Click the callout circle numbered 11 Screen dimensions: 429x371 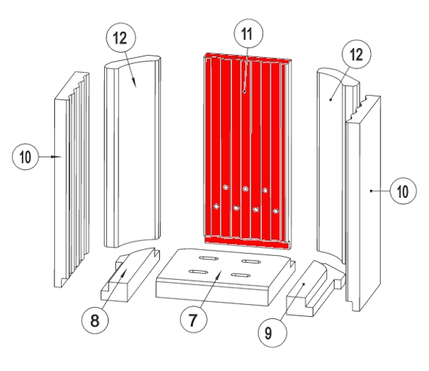tap(248, 33)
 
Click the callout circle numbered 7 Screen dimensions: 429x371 tap(193, 319)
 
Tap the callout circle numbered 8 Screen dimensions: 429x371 tap(94, 320)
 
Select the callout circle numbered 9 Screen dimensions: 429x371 tap(273, 333)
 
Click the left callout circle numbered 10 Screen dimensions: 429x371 tap(25, 157)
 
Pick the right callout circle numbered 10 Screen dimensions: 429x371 tap(403, 191)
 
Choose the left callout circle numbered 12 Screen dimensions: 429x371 tap(120, 37)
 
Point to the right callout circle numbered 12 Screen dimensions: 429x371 tap(356, 54)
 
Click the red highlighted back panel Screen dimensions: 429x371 tap(248, 151)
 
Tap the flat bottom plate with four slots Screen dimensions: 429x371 tap(225, 276)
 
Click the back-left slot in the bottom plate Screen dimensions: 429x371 tap(208, 258)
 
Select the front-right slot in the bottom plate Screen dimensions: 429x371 tap(241, 275)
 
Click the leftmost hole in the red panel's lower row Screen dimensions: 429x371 tap(216, 206)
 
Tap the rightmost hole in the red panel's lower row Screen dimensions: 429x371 tap(276, 211)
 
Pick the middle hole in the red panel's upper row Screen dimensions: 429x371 tap(245, 188)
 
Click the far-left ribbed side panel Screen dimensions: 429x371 tap(71, 180)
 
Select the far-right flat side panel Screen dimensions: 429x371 tap(363, 203)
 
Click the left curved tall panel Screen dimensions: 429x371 tap(132, 151)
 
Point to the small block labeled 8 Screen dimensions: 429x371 tap(129, 275)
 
